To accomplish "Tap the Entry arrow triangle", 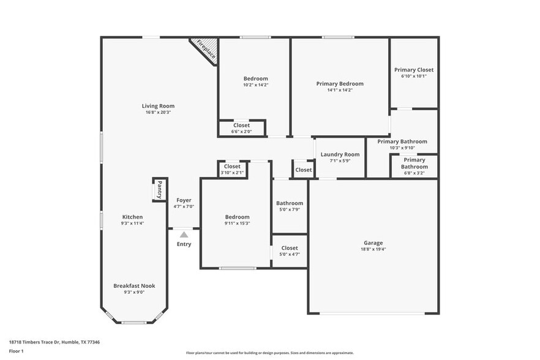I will [x=184, y=234].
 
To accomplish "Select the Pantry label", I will [x=159, y=189].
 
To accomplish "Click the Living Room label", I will [x=158, y=106].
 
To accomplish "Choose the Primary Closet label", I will [x=414, y=70].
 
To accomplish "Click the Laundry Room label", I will [x=340, y=154].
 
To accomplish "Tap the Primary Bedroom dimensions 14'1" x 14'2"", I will [x=339, y=90].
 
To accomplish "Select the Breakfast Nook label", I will [x=134, y=285].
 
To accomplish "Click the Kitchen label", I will [x=133, y=217].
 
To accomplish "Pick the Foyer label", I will [x=184, y=200].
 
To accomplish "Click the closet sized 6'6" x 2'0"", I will [x=241, y=129].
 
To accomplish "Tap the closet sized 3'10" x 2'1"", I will [x=232, y=170].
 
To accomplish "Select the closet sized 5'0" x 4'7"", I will [x=290, y=251].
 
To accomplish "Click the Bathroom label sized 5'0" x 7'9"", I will [x=290, y=203].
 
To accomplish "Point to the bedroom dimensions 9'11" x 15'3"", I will [x=237, y=223].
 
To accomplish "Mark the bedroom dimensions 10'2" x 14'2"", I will [x=255, y=84].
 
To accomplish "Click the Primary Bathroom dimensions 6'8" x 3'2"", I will [x=414, y=173].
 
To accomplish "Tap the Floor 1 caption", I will [x=16, y=351].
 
